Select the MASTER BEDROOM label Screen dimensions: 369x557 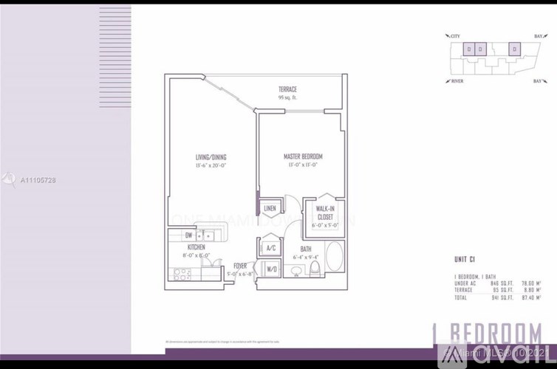[303, 157]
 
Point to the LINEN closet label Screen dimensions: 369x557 [270, 209]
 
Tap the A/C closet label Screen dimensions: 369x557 [270, 248]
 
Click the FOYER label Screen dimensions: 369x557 [239, 265]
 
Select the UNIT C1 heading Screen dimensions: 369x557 [465, 258]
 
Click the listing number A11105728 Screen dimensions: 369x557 [38, 180]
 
